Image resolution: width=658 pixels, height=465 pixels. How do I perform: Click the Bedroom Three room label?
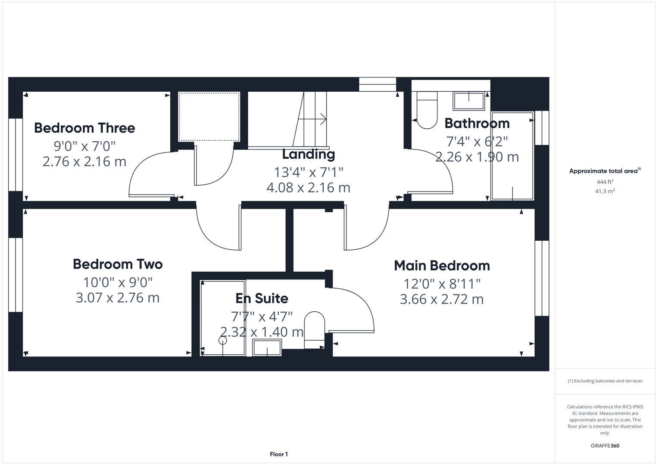click(x=84, y=128)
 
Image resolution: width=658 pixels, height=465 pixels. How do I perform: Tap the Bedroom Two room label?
click(x=118, y=264)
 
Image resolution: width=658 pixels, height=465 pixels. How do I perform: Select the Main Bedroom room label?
click(x=442, y=266)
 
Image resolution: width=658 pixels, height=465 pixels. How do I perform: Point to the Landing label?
click(x=309, y=154)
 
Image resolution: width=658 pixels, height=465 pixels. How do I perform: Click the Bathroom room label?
click(x=477, y=124)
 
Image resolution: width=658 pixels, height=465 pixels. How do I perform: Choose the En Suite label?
click(x=262, y=298)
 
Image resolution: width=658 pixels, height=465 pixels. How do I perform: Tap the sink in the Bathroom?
click(x=468, y=101)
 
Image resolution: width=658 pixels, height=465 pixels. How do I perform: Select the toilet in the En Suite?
click(x=315, y=330)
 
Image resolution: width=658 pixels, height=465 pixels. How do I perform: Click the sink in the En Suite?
click(x=267, y=347)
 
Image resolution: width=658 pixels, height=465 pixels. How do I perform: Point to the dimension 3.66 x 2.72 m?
click(x=442, y=299)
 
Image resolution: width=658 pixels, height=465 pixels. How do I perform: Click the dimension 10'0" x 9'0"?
click(x=118, y=282)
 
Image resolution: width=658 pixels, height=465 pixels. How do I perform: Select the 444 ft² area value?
click(x=605, y=182)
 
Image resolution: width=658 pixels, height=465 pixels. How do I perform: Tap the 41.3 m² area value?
click(x=605, y=192)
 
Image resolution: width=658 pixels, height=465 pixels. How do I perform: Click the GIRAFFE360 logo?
click(x=605, y=446)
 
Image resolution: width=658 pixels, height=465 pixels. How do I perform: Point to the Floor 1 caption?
click(x=279, y=454)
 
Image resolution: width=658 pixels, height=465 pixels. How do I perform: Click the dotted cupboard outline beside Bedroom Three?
click(x=209, y=117)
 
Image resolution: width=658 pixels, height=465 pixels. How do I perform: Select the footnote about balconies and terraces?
click(x=605, y=381)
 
